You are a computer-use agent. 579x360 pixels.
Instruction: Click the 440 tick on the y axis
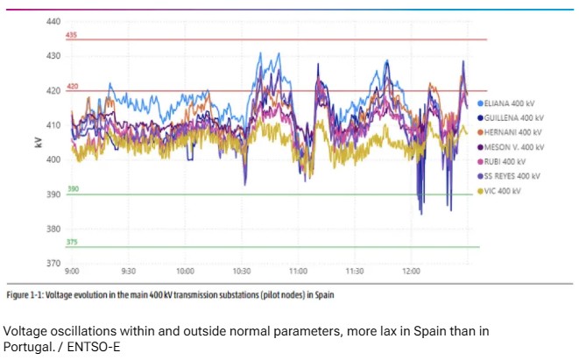[x=53, y=21]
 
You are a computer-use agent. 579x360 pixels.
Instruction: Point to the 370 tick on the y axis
[x=53, y=263]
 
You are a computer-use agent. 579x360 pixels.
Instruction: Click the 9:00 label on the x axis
[x=72, y=272]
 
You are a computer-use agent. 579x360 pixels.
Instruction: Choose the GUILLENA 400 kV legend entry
[x=515, y=117]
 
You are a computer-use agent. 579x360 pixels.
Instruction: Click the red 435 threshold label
[x=72, y=35]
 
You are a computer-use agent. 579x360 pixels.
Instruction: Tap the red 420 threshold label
[x=72, y=87]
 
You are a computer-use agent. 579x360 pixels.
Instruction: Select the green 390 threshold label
[x=72, y=188]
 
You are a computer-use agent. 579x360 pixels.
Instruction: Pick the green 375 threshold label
[x=72, y=242]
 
